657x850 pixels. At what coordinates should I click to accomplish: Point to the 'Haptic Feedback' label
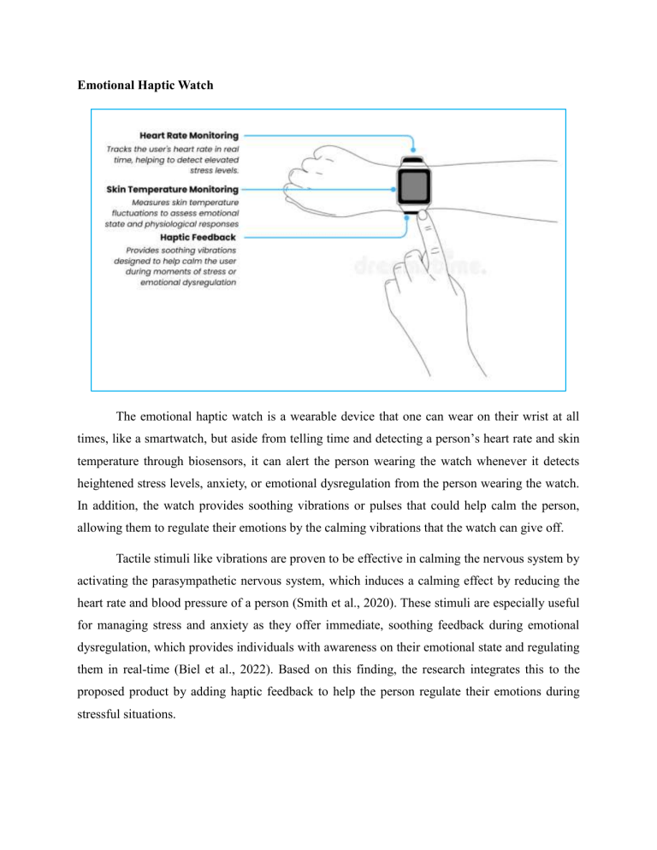tap(202, 236)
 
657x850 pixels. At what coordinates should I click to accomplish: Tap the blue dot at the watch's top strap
tap(415, 151)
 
